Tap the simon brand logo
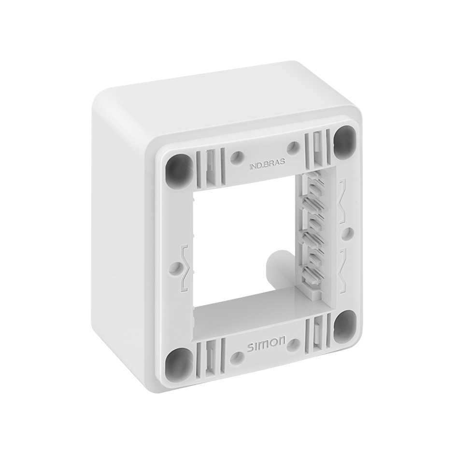[267, 344]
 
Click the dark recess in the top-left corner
[179, 171]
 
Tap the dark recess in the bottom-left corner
[179, 363]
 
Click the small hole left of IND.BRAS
[237, 157]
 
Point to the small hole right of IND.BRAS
[293, 146]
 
